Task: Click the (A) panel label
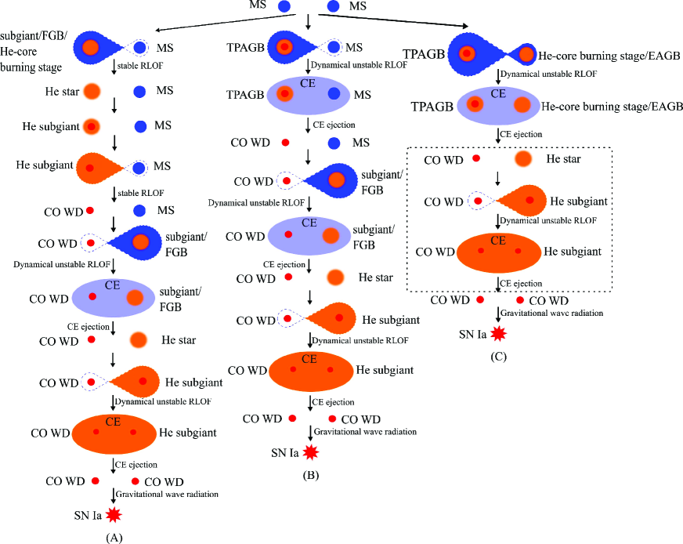click(x=114, y=537)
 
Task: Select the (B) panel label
click(x=311, y=474)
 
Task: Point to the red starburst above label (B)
click(x=312, y=452)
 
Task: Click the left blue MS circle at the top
click(x=284, y=7)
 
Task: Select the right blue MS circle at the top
click(x=333, y=7)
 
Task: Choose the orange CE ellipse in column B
click(x=310, y=369)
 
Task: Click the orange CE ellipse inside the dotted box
click(x=497, y=251)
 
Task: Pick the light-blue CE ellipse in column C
click(x=497, y=104)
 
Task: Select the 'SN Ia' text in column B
click(x=284, y=453)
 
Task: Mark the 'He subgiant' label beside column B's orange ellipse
click(x=385, y=369)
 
